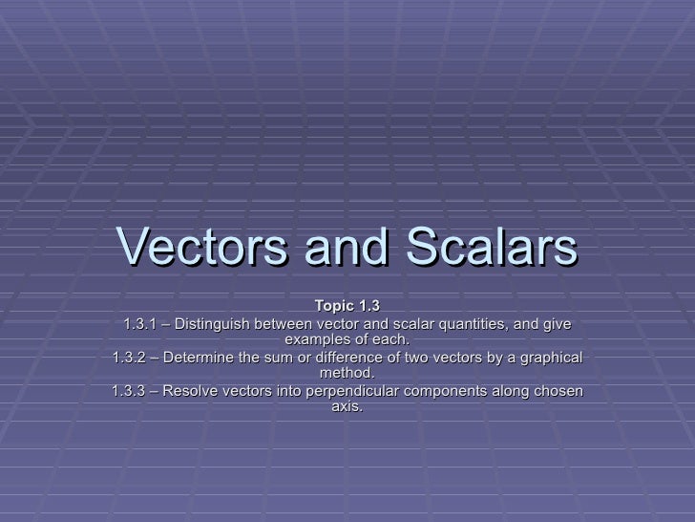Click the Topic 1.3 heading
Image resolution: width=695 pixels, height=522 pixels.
click(347, 307)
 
